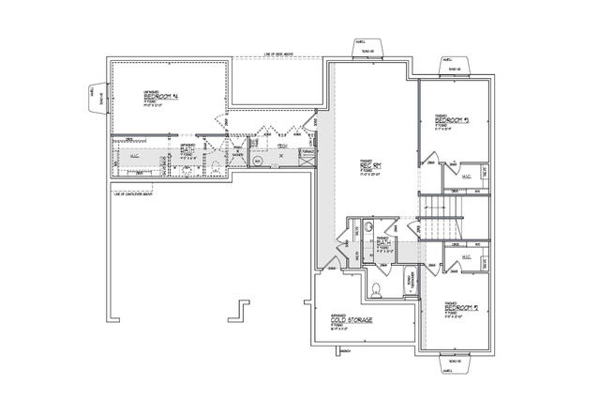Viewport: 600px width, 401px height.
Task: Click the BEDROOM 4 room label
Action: click(x=161, y=96)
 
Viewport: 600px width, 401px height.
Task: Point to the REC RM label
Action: click(x=373, y=166)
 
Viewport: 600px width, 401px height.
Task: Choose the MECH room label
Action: click(x=281, y=146)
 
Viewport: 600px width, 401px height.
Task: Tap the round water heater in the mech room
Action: click(x=259, y=161)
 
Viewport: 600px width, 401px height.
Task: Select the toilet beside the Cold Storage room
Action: click(x=377, y=287)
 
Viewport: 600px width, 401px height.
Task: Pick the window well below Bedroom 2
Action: click(x=453, y=362)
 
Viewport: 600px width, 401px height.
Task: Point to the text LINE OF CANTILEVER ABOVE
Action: click(x=136, y=193)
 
